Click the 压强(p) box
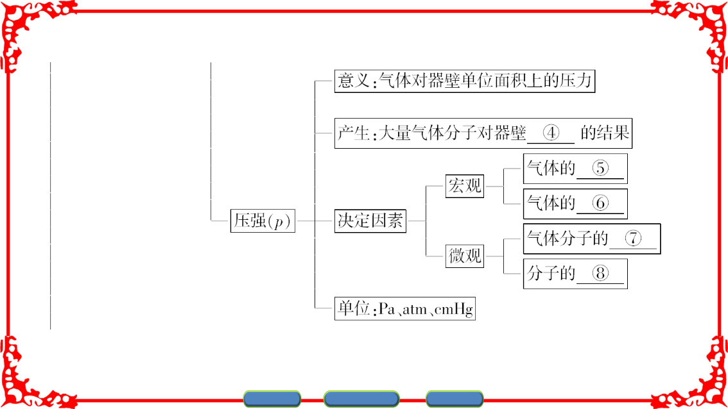(x=263, y=221)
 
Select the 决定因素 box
(x=370, y=221)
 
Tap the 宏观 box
(x=465, y=186)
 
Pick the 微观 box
(x=465, y=256)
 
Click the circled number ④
(x=551, y=133)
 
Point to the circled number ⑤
(x=600, y=168)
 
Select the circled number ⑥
(x=600, y=203)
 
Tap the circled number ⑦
(x=633, y=238)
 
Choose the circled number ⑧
(x=600, y=273)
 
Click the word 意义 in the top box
(x=353, y=81)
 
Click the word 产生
(x=353, y=133)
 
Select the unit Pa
(x=387, y=309)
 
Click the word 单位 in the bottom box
(x=353, y=309)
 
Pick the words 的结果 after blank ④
(x=605, y=133)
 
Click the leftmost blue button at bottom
(x=272, y=399)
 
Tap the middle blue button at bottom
(x=361, y=399)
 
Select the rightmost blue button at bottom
(x=455, y=399)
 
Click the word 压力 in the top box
(x=576, y=81)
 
